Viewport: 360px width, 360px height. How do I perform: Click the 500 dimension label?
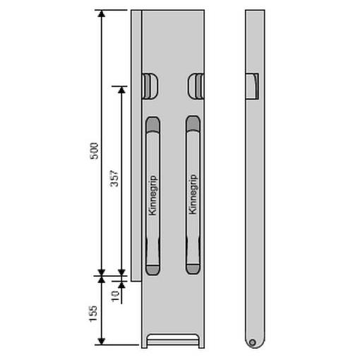[x=94, y=151]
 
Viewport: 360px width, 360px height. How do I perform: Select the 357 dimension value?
[x=114, y=178]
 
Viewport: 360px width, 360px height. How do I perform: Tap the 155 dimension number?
[x=93, y=313]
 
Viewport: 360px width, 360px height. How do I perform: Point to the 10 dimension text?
[x=115, y=296]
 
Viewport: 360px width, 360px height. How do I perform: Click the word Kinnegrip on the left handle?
[x=152, y=195]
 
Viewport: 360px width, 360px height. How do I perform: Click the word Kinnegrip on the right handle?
[x=193, y=194]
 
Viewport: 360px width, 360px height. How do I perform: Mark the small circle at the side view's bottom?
[x=253, y=342]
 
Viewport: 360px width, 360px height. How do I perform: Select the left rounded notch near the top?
[x=150, y=86]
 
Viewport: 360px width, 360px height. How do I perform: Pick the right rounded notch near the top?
[x=196, y=86]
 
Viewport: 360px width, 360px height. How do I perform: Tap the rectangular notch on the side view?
[x=252, y=86]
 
